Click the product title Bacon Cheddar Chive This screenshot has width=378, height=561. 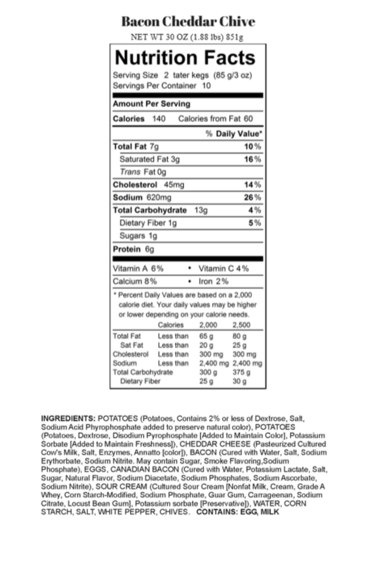(x=188, y=22)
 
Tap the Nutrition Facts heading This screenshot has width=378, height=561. (x=185, y=58)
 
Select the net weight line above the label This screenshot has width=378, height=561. (x=187, y=37)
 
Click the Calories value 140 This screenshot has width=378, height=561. (x=159, y=119)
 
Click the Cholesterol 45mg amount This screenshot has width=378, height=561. (x=174, y=185)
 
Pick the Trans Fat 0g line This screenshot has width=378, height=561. (x=143, y=172)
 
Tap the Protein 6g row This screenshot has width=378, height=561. (x=134, y=249)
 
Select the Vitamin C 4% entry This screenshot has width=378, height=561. (x=224, y=269)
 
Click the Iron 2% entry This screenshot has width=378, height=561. (x=213, y=281)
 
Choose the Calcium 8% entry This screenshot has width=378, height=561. (x=134, y=281)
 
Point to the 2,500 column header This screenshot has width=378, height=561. (x=241, y=325)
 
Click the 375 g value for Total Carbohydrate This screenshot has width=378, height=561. (x=241, y=372)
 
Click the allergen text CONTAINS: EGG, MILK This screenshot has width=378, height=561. (x=238, y=512)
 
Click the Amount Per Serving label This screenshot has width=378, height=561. (x=151, y=104)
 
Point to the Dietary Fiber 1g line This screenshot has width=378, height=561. (x=148, y=223)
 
